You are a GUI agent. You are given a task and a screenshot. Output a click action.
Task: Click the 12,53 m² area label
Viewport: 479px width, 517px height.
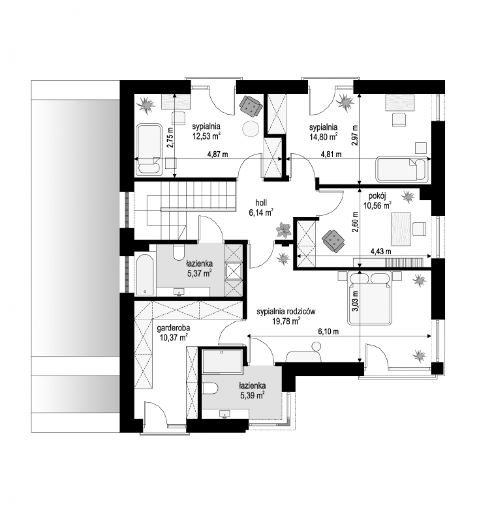coord(207,136)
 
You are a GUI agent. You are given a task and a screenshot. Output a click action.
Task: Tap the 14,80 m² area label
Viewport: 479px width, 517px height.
coord(323,137)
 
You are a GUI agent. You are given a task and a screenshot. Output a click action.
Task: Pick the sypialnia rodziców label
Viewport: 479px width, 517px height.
coord(286,311)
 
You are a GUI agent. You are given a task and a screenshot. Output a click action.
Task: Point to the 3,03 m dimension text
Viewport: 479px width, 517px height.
coord(355,301)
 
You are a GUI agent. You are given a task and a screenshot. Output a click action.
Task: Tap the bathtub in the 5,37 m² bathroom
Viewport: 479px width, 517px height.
coord(145,274)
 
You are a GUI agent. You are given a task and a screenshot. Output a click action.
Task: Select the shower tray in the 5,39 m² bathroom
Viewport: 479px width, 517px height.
coord(222,361)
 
